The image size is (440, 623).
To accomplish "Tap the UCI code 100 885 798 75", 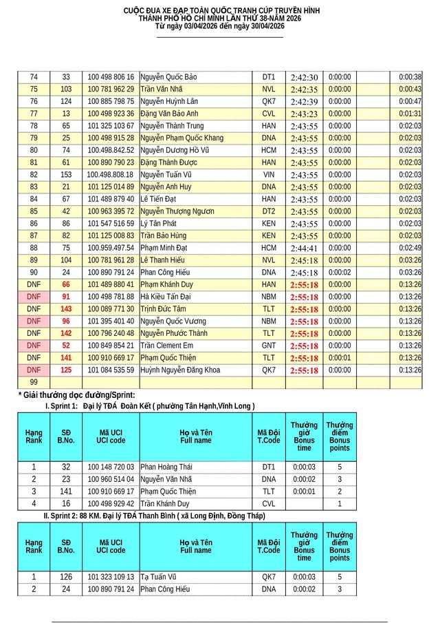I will tap(111, 101).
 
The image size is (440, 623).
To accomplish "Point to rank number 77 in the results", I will tap(34, 114).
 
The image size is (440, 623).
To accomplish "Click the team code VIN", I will tap(269, 175).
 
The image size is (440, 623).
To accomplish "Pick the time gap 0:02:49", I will tap(410, 248).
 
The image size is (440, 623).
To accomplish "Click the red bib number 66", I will tap(66, 284).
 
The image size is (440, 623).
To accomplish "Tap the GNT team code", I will tap(269, 346).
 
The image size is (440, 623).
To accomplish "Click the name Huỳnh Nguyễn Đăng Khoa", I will tap(180, 370).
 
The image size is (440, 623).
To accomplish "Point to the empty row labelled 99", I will tap(34, 382).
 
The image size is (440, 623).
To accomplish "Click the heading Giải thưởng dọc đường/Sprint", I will tap(76, 395).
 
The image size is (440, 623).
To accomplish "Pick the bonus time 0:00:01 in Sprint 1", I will tap(304, 492).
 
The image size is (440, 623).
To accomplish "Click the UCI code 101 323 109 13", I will tap(111, 577).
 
